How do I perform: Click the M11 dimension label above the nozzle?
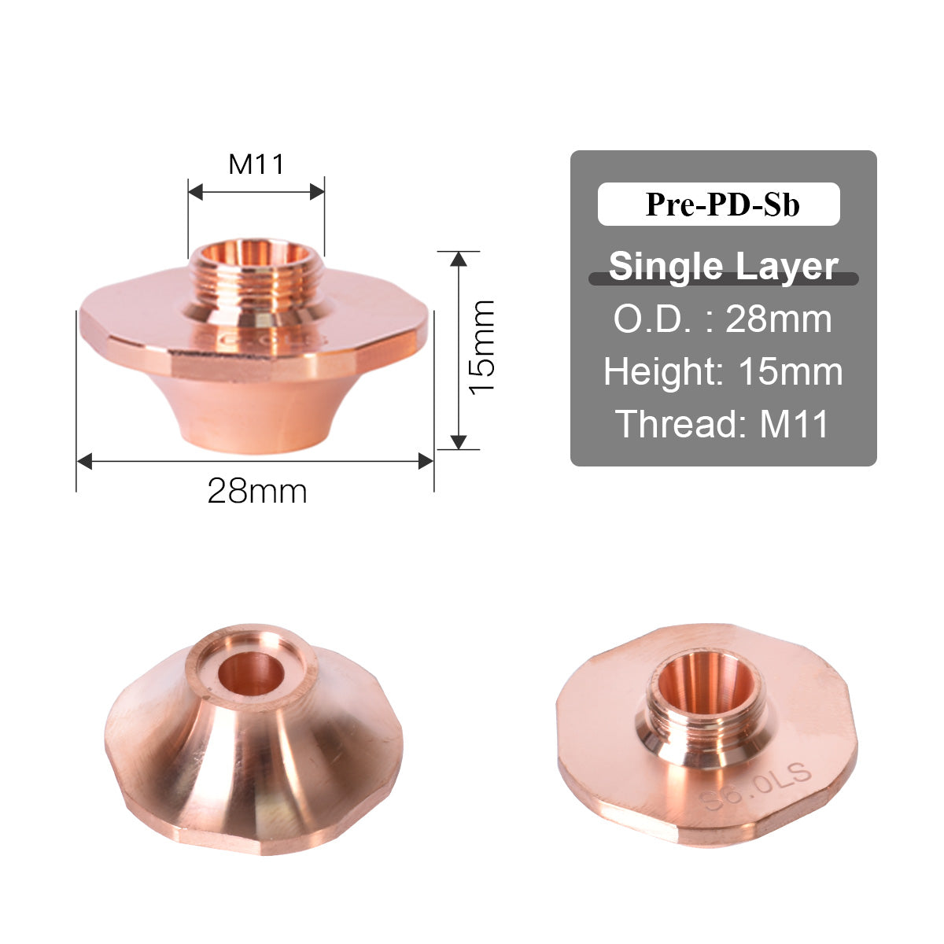pyautogui.click(x=256, y=164)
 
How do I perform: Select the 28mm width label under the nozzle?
pyautogui.click(x=257, y=492)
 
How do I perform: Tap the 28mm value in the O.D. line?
pyautogui.click(x=778, y=319)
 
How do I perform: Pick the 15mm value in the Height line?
pyautogui.click(x=790, y=371)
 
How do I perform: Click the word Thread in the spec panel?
pyautogui.click(x=672, y=424)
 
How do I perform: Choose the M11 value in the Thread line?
pyautogui.click(x=795, y=424)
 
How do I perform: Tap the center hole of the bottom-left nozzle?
pyautogui.click(x=252, y=673)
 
